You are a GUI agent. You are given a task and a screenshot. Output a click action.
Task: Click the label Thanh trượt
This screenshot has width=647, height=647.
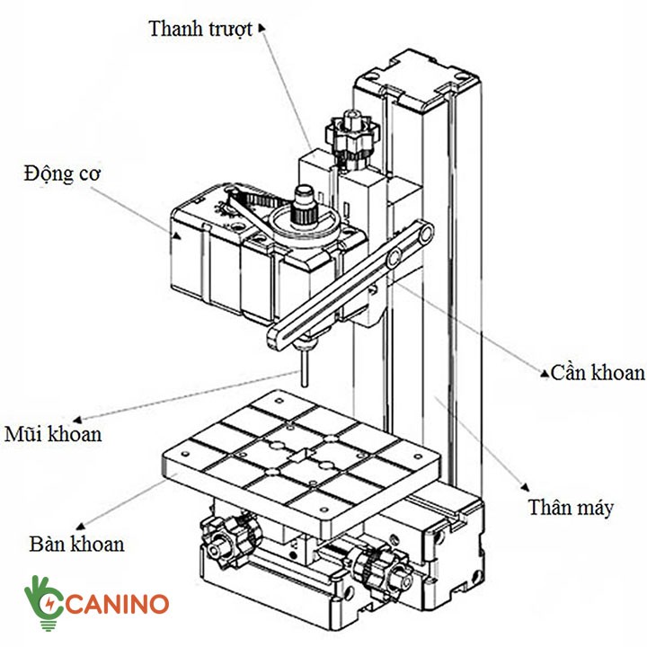tap(201, 28)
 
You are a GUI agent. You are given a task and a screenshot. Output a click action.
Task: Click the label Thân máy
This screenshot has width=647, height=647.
tap(572, 508)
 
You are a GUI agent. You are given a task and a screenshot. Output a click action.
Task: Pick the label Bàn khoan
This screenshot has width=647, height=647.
tap(76, 543)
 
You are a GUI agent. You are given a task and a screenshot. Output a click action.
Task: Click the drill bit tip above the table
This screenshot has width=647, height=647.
tap(306, 377)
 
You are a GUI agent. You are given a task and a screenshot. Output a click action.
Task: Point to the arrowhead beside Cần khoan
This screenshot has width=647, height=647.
tap(545, 369)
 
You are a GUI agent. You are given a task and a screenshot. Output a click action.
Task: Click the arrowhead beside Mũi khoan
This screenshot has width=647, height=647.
tap(78, 417)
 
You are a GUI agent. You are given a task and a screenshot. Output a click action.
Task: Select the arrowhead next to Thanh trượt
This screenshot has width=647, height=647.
tap(261, 28)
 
